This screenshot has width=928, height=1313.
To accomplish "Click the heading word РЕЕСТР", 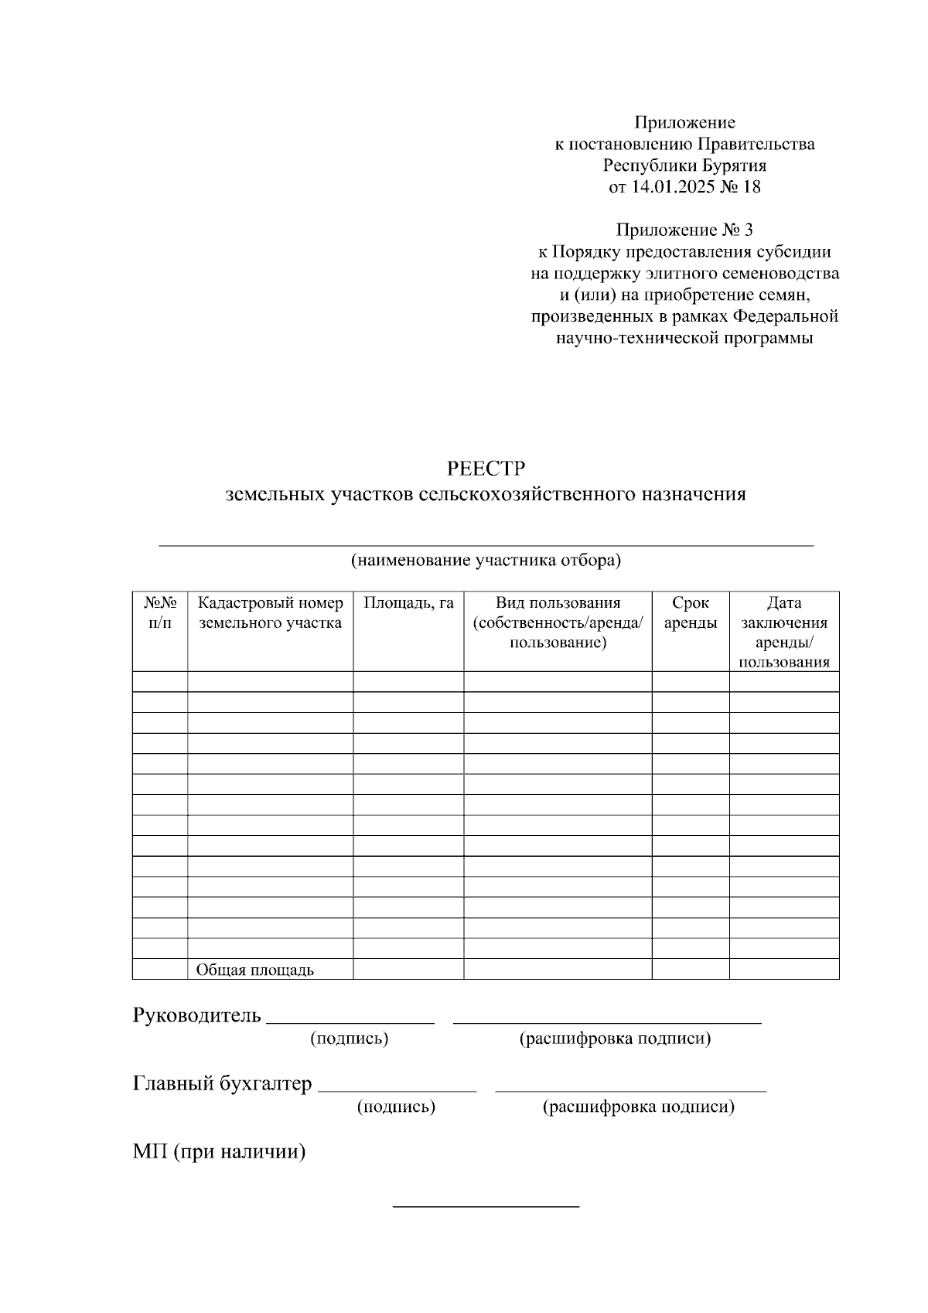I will [486, 469].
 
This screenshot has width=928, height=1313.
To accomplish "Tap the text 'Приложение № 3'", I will [684, 230].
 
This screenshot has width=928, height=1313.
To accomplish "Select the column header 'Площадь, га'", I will [408, 603].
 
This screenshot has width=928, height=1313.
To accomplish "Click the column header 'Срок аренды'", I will [690, 612].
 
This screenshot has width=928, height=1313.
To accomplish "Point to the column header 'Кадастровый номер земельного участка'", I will [270, 612].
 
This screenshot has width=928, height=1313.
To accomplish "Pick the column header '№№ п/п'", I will [160, 612].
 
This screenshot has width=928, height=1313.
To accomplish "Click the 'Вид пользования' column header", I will [558, 622].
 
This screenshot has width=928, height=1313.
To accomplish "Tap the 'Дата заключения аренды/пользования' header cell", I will [783, 632].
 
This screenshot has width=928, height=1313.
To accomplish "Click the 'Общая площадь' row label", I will [254, 970].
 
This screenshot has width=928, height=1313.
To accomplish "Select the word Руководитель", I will [197, 1015].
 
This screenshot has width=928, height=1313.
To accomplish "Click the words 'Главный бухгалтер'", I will [223, 1084].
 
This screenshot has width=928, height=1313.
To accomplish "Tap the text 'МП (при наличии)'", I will [220, 1152].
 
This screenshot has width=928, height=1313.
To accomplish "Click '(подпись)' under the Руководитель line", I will [349, 1038].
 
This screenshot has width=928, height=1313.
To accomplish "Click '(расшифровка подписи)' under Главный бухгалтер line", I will [639, 1107].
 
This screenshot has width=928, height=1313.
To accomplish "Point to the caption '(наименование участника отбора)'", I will [486, 561].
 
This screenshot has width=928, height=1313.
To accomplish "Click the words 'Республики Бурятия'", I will [684, 165].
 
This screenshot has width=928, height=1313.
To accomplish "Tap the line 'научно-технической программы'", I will [684, 338].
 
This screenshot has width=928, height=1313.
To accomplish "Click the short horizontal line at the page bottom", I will [486, 1206].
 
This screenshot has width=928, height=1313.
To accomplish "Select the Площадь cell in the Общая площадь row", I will [408, 969].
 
